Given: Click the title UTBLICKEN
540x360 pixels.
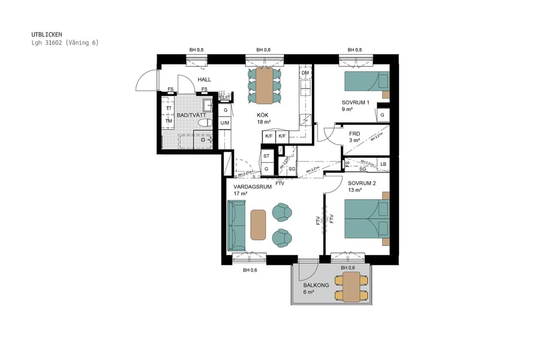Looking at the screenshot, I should [47, 34].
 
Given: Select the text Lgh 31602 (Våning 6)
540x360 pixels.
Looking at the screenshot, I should [65, 43].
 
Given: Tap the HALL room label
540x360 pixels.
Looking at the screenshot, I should [204, 79].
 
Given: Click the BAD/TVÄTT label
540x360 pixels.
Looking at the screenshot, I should [191, 115].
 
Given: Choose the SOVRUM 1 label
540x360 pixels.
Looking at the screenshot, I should [356, 102].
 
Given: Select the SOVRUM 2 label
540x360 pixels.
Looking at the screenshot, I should [361, 183].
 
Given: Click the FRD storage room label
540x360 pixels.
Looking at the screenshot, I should [354, 133].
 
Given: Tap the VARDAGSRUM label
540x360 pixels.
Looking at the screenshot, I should [253, 187].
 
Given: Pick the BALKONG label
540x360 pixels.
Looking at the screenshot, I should [316, 286].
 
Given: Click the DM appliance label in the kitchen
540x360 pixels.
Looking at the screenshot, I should [305, 73].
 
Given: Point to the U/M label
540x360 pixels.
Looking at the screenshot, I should [225, 123].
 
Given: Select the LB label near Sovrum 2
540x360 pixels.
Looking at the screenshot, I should [383, 164].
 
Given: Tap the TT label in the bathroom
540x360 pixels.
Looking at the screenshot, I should [169, 108].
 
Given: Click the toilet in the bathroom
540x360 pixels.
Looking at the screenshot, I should [204, 123].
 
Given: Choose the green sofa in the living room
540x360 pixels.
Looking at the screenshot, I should [237, 226].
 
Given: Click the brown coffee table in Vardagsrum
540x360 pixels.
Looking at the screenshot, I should [258, 225].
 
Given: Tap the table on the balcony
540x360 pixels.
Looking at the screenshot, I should [351, 287].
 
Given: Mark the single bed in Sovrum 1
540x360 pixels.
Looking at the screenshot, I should [366, 81].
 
